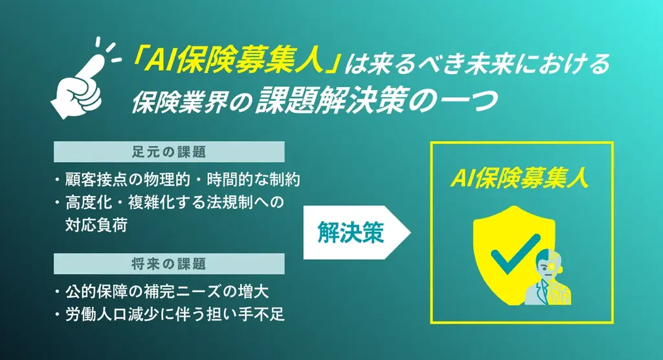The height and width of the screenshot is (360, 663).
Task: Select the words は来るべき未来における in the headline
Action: (475, 63)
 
